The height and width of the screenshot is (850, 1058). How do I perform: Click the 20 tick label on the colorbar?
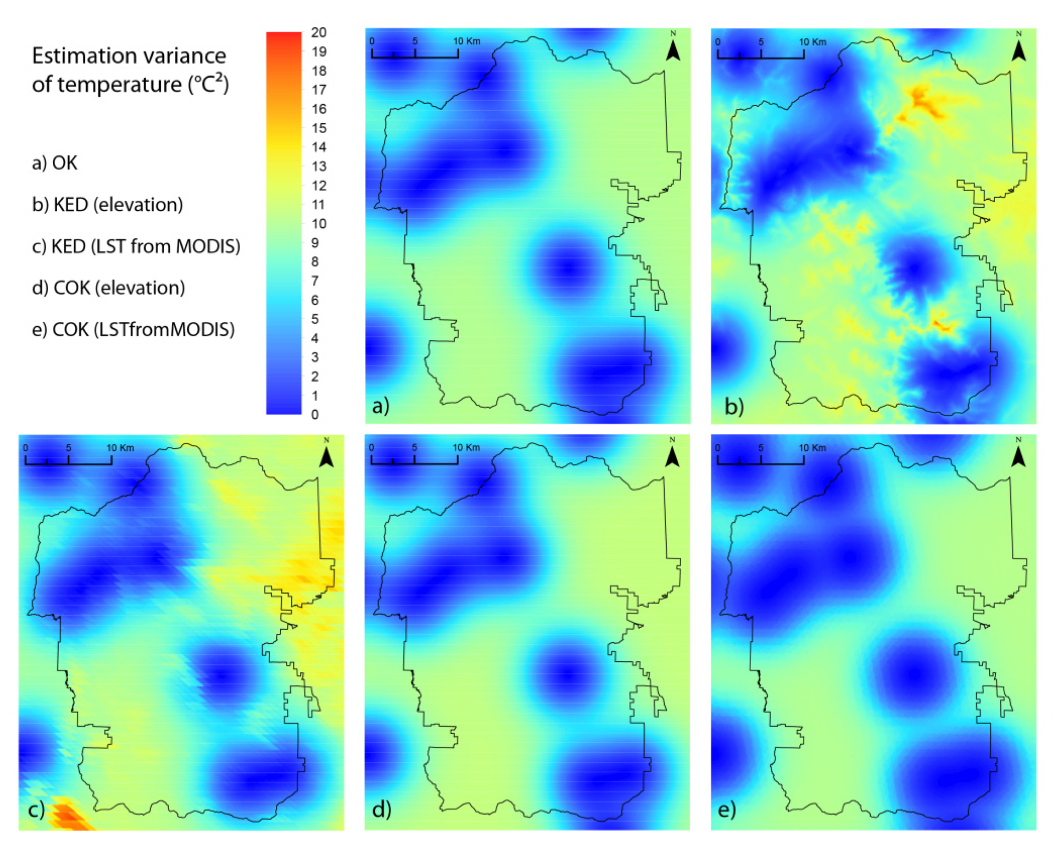tap(318, 33)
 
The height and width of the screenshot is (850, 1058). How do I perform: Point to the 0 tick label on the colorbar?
tap(315, 415)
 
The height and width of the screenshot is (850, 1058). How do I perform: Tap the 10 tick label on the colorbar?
tap(318, 224)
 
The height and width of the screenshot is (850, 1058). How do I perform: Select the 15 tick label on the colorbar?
tap(318, 128)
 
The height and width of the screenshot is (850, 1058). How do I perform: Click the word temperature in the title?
tap(119, 85)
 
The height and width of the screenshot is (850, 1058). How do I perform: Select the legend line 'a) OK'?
tap(54, 163)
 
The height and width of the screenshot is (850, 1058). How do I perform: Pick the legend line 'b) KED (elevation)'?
tap(107, 205)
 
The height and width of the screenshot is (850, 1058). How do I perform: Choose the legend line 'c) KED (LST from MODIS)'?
tap(136, 246)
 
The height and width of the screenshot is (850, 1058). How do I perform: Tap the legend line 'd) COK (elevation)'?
tap(108, 288)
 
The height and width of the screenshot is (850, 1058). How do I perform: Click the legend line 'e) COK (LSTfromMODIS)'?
tap(133, 330)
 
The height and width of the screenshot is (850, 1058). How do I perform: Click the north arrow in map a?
tap(673, 49)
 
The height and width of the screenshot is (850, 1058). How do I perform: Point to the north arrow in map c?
tap(326, 455)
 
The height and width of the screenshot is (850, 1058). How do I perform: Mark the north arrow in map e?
tap(1018, 455)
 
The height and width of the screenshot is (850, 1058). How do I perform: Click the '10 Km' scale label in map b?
tap(813, 42)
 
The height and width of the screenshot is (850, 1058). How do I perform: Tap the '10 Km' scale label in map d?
tap(466, 448)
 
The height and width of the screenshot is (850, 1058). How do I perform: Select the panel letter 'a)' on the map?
tap(381, 406)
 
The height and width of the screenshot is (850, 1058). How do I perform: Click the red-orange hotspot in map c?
tap(66, 815)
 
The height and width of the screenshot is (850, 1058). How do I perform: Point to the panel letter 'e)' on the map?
tap(727, 810)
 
